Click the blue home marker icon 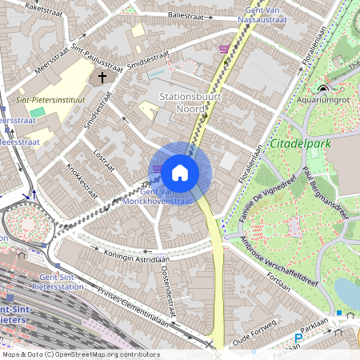pyautogui.click(x=180, y=172)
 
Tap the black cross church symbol pyautogui.click(x=102, y=78)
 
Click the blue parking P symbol pyautogui.click(x=298, y=338)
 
